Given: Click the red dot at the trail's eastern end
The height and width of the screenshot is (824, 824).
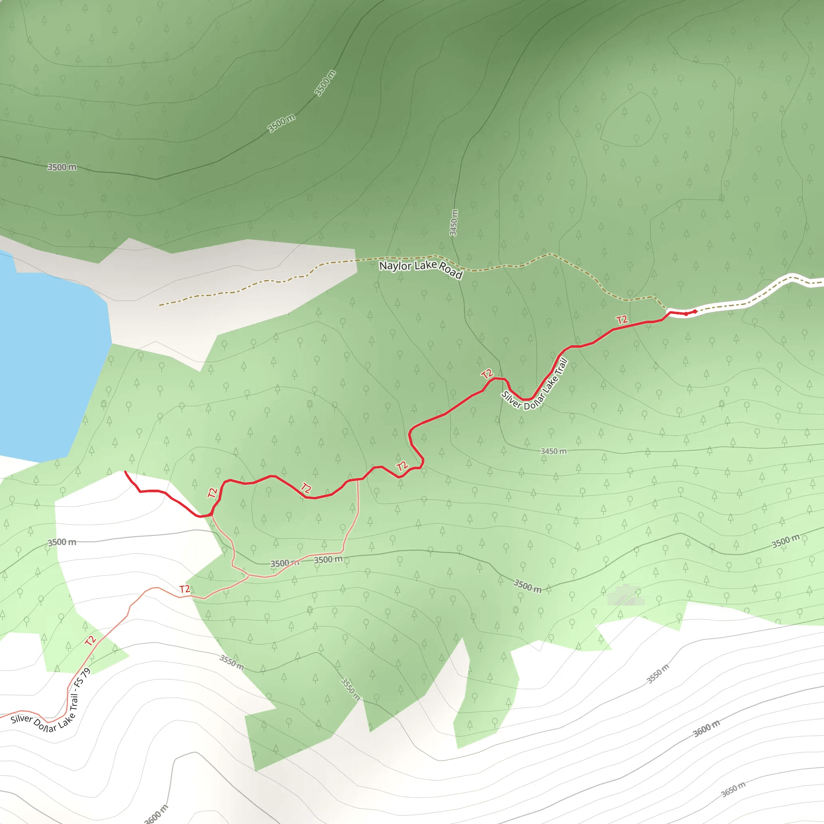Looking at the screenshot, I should point(695,312).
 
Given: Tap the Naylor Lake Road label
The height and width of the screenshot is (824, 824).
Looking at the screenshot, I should point(420,269).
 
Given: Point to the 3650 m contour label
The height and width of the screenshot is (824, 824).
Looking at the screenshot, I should point(733,789).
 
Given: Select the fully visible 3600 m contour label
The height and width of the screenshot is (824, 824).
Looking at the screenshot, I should point(706,728).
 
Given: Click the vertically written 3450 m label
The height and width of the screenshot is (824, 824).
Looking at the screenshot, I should point(454,222).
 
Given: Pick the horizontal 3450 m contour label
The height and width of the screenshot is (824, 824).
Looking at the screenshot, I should point(553,451).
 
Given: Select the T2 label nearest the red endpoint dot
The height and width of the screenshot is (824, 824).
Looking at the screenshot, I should point(622,320).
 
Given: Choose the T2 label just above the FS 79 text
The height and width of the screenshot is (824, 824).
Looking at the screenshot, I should point(91,641).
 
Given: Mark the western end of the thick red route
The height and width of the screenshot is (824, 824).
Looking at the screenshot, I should point(125,472).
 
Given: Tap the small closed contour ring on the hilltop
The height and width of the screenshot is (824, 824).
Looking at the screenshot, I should point(630,119).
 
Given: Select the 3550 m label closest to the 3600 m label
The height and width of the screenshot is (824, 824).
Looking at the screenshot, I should point(658,674).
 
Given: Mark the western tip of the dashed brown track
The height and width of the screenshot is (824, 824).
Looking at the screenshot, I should point(159,305).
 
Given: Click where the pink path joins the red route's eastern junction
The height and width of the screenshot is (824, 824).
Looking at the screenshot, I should point(358,479).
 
